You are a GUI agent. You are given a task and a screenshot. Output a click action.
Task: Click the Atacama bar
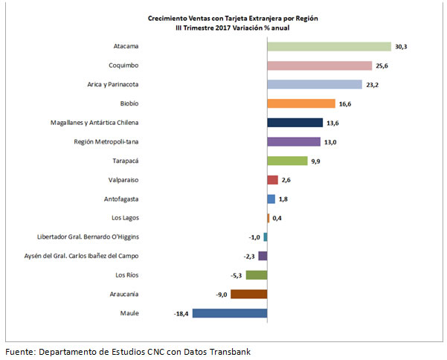(x=329, y=47)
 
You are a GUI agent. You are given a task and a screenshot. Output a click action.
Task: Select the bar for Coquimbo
(x=319, y=65)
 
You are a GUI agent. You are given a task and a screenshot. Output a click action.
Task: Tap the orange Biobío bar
(x=295, y=103)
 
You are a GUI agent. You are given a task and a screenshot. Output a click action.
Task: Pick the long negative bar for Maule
(x=230, y=313)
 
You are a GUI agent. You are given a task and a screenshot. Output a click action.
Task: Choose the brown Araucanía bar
(x=248, y=294)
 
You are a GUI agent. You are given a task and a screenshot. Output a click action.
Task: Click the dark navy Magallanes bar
(x=295, y=123)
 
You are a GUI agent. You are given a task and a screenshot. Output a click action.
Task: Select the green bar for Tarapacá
(x=287, y=161)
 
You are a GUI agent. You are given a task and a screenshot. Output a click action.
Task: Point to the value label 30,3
(x=401, y=47)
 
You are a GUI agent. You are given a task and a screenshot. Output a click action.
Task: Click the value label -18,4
(x=181, y=314)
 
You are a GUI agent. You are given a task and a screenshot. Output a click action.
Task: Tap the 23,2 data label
(x=372, y=85)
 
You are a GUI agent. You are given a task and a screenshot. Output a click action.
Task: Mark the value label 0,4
(x=277, y=218)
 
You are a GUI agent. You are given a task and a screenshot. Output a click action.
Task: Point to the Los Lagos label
(x=123, y=218)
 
